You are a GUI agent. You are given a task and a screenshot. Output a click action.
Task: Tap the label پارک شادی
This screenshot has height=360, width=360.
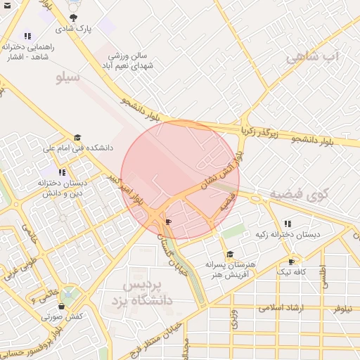point(75,30)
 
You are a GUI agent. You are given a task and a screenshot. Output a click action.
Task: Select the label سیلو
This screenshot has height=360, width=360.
point(68,77)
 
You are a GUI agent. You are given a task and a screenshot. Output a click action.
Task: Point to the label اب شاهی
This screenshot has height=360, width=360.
point(313,56)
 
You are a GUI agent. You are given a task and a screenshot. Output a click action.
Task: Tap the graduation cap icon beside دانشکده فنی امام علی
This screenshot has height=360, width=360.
point(77,138)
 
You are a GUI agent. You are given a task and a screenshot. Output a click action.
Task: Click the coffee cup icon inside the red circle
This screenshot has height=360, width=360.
point(167,221)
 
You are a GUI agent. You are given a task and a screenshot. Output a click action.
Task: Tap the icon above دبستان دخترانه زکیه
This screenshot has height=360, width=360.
point(288,224)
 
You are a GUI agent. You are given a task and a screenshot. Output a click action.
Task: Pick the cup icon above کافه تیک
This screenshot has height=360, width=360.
point(292,262)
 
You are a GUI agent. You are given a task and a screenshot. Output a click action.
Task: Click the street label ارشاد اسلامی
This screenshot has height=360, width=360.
point(280,308)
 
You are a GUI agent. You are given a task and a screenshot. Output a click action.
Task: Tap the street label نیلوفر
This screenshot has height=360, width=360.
point(345,308)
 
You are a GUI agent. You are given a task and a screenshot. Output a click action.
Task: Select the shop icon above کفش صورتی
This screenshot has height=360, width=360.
point(62,307)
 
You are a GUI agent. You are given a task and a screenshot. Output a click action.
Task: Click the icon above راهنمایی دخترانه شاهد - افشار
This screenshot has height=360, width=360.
point(27,36)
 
